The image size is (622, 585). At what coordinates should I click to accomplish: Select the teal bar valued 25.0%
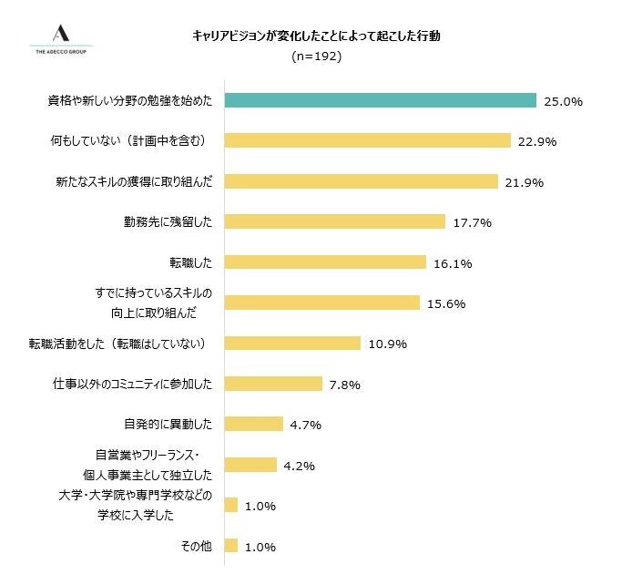(x=380, y=101)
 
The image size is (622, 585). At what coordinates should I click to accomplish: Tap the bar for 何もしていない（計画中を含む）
(x=367, y=141)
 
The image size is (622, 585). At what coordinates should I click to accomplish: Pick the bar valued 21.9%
(x=361, y=181)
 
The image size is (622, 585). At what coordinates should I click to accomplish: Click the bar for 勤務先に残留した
(x=334, y=222)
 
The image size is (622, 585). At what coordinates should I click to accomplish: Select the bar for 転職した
(x=325, y=262)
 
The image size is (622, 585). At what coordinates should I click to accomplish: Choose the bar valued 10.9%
(x=292, y=344)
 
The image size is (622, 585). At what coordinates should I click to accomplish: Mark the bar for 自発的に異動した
(x=253, y=425)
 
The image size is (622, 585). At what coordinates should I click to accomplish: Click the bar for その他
(x=230, y=546)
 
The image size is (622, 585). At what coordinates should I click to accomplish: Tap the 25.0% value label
(x=563, y=102)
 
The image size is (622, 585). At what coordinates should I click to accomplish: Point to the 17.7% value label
(x=472, y=222)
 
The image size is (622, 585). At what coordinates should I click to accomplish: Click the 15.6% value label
(x=446, y=303)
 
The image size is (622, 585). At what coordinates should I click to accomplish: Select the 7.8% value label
(x=345, y=385)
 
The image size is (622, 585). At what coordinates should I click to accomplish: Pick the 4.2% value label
(x=300, y=466)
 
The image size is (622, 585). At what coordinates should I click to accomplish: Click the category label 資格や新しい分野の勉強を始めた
(x=129, y=101)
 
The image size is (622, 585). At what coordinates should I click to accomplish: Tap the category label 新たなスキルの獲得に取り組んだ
(x=134, y=181)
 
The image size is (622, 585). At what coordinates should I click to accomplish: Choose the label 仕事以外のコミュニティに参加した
(x=132, y=385)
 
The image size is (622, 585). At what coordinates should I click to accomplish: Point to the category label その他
(x=197, y=546)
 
